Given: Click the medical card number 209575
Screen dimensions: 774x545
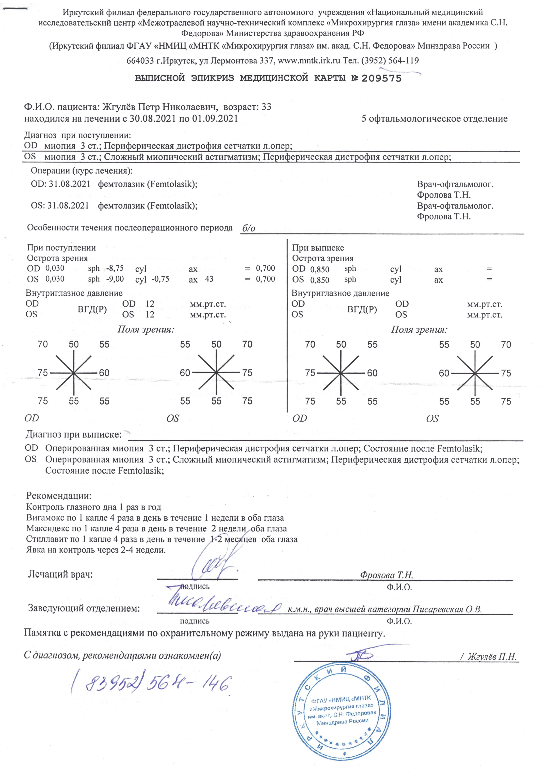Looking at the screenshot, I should pyautogui.click(x=381, y=79).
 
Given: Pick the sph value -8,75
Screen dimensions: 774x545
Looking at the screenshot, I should pyautogui.click(x=115, y=268).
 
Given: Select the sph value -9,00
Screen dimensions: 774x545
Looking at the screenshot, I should pyautogui.click(x=115, y=279).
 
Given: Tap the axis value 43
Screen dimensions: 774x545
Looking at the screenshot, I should pyautogui.click(x=209, y=279).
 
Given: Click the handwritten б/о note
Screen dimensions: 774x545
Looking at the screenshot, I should pyautogui.click(x=249, y=229).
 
